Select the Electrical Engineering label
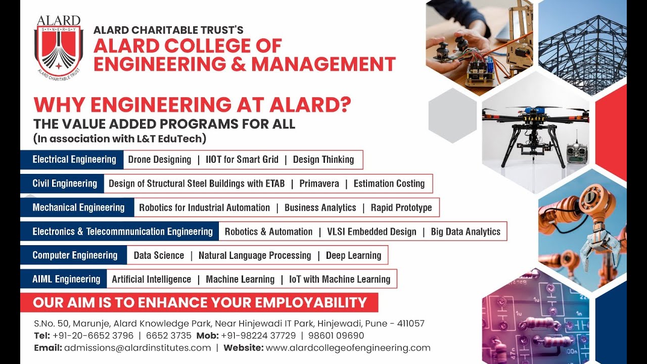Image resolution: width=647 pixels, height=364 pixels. click(x=74, y=160)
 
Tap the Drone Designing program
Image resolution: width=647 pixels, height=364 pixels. click(x=160, y=160)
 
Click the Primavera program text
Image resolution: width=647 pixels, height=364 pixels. click(x=319, y=184)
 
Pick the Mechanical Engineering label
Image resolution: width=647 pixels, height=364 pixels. click(x=78, y=207)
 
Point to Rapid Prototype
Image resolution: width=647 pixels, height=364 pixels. click(x=401, y=207)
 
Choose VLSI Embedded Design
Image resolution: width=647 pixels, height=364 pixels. click(x=372, y=232)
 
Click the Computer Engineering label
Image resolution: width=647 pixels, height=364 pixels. click(x=75, y=255)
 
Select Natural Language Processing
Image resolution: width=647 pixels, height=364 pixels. click(x=255, y=255)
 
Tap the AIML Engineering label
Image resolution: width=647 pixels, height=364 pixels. click(x=66, y=279)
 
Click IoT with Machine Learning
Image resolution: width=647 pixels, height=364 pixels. click(x=340, y=279)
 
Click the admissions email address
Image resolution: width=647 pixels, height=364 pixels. click(x=137, y=348)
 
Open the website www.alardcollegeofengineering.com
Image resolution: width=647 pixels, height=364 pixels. click(x=348, y=348)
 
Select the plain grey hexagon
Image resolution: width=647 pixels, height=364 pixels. click(x=452, y=116)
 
